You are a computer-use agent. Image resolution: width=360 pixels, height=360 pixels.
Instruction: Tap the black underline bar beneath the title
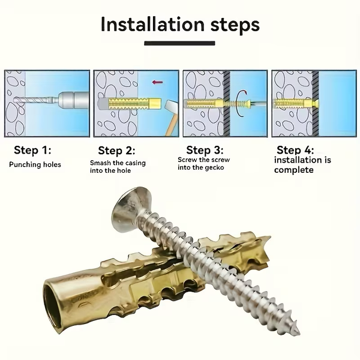pos(180,43)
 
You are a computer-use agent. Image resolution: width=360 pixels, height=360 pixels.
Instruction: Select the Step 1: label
pos(33,150)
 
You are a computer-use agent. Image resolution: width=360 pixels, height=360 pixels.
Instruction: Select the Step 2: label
pos(117,151)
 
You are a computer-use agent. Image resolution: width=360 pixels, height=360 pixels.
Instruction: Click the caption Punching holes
pos(35,164)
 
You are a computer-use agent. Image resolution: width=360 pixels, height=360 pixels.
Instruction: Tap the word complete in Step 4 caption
pos(294,170)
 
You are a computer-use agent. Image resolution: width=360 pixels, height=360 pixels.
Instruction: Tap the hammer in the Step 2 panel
pos(168,114)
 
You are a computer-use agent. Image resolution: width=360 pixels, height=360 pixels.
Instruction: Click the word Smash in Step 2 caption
pos(101,163)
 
